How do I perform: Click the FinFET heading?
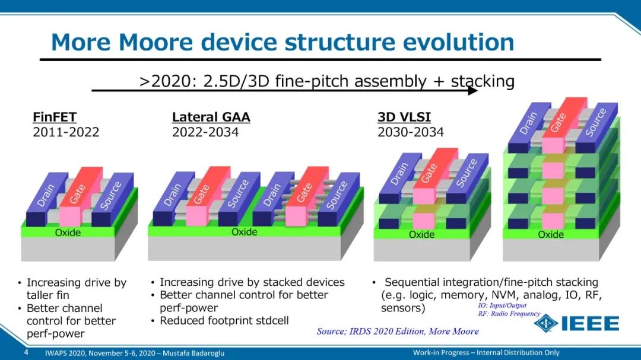[x=55, y=117]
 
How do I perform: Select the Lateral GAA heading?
[x=211, y=117]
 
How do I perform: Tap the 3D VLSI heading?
[x=404, y=117]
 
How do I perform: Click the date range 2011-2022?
[x=66, y=132]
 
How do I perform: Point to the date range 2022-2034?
[x=205, y=132]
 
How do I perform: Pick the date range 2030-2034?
[x=411, y=132]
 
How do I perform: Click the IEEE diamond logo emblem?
[x=546, y=323]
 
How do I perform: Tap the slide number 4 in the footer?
[x=26, y=352]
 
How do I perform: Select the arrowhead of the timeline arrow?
[x=473, y=90]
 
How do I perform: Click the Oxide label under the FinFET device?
[x=68, y=232]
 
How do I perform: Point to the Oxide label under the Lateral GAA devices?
[x=245, y=232]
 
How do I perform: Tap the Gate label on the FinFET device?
[x=77, y=194]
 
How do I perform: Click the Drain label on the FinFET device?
[x=46, y=195]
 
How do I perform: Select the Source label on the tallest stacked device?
[x=596, y=122]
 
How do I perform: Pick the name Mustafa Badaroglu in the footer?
[x=193, y=353]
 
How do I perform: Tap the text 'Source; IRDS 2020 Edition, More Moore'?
[x=398, y=331]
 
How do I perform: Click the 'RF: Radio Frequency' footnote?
[x=509, y=314]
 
